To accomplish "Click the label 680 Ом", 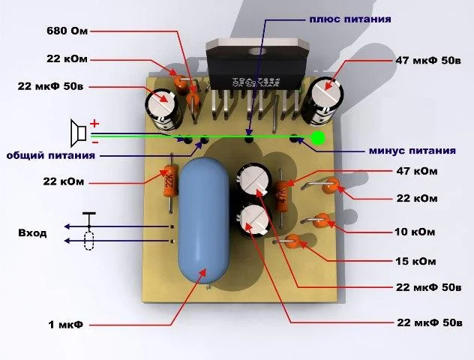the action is [67, 31].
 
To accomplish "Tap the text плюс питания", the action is [350, 19].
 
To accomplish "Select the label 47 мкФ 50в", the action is [428, 61].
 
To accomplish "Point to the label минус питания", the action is [412, 151].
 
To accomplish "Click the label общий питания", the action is [51, 156].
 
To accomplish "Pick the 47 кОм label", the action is [417, 171].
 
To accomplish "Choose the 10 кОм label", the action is [415, 232].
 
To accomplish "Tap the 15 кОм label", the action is [415, 261].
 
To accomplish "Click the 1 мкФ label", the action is [65, 325].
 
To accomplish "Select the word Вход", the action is [33, 233].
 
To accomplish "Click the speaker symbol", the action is [78, 133].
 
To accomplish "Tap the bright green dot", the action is [318, 138].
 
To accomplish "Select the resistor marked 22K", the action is [169, 184].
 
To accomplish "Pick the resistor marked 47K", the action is [282, 196].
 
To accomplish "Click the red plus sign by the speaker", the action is [94, 124].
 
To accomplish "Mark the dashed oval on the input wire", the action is [88, 241].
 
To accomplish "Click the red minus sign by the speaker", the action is [95, 142].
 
